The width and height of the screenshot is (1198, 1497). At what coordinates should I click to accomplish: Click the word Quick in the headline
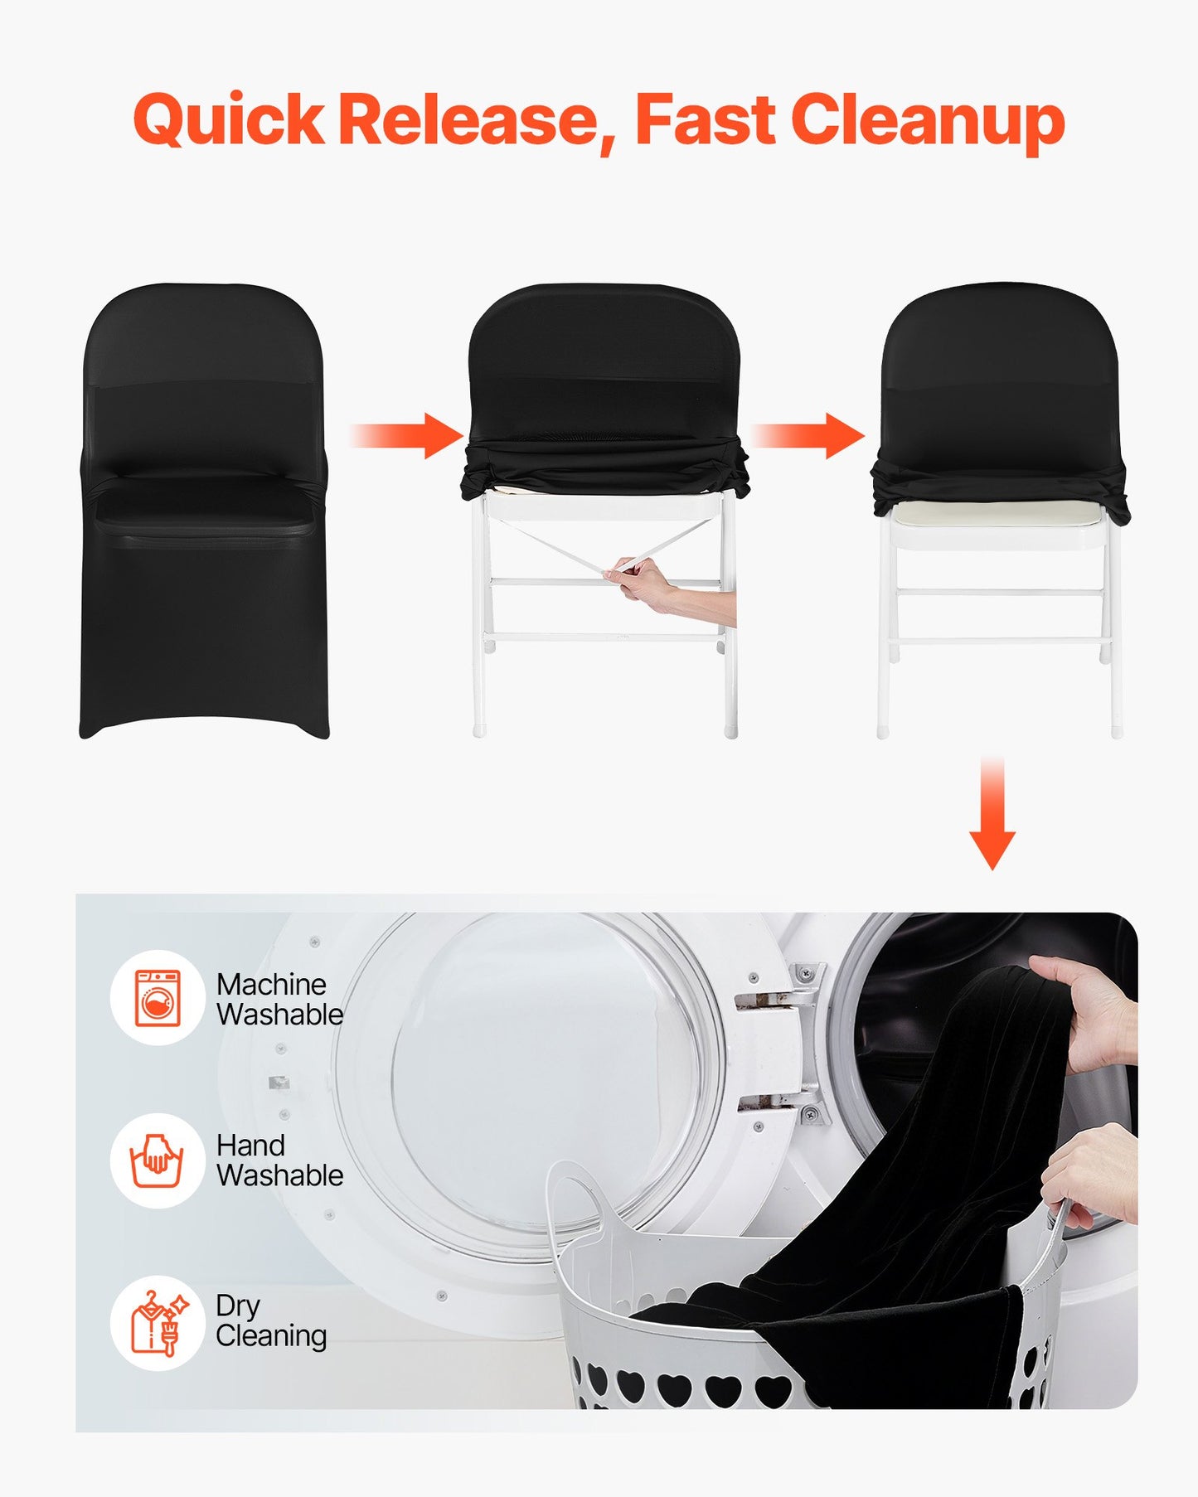coord(227,121)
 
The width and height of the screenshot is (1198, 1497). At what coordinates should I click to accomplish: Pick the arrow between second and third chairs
coord(809,435)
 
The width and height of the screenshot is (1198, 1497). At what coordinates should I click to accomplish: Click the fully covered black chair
coord(204,514)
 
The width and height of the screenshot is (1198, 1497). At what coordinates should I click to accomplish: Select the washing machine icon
coord(158,998)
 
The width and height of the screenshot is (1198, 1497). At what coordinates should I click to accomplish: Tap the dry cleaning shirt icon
coord(158,1323)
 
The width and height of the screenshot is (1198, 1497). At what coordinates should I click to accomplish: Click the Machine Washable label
coord(279,1000)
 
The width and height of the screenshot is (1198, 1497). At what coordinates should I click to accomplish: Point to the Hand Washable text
coord(279,1160)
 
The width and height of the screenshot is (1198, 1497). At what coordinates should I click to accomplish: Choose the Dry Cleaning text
coord(271,1321)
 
